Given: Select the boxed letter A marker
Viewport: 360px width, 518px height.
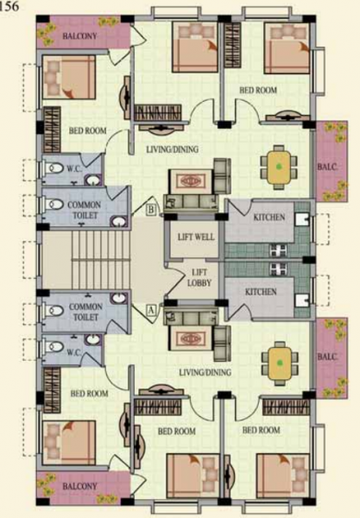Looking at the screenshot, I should (x=152, y=307).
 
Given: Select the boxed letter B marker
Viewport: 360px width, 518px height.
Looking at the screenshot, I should (x=151, y=209).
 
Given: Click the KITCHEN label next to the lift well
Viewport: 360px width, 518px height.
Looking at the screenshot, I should (x=268, y=217).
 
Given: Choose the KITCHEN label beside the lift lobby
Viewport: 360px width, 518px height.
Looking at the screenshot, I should (x=261, y=292).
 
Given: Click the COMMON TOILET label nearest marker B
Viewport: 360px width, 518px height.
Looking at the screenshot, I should (x=85, y=209).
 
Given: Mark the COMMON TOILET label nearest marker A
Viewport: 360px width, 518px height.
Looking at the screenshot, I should (x=85, y=312).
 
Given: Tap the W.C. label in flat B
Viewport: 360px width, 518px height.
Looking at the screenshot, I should (x=74, y=170).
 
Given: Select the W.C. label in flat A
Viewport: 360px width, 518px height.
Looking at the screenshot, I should (x=74, y=351).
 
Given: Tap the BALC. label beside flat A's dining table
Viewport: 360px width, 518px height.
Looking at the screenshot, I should (x=326, y=356).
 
